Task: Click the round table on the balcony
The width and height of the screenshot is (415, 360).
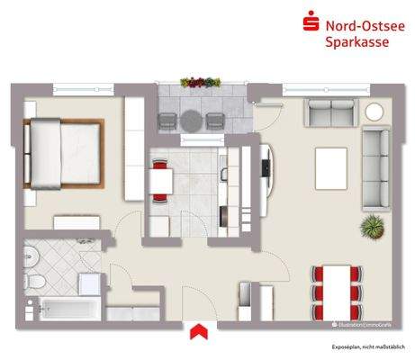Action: point(192,120)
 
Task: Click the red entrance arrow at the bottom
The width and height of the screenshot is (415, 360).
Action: point(196,331)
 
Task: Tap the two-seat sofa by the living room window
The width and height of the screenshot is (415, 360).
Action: point(330,113)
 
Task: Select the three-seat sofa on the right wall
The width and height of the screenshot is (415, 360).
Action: point(376,164)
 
